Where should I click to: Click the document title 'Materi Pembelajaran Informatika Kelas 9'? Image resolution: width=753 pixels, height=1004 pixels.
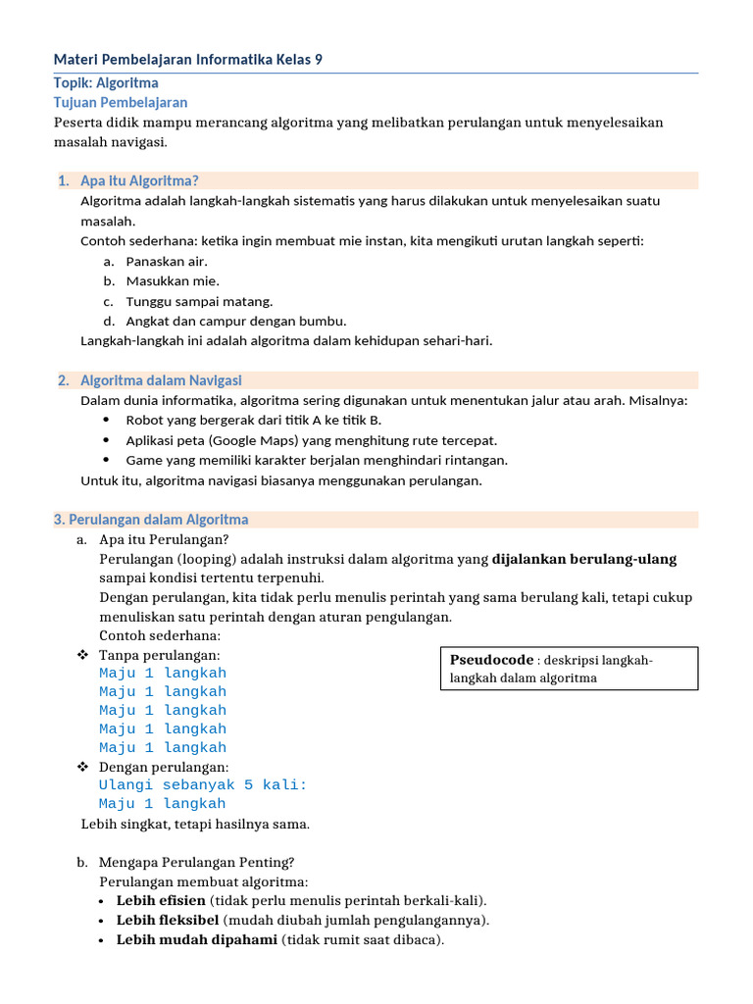[x=187, y=60]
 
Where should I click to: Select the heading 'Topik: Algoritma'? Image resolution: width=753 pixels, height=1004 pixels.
[x=106, y=82]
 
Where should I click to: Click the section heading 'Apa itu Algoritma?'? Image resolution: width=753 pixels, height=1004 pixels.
[x=139, y=180]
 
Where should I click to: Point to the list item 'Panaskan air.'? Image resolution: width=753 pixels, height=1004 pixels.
[x=167, y=261]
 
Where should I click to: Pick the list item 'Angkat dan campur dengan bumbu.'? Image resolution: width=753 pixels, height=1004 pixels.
[x=236, y=321]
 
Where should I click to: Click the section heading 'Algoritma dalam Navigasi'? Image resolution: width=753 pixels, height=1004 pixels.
[x=161, y=380]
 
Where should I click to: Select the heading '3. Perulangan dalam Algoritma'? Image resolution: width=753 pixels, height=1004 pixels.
[x=151, y=520]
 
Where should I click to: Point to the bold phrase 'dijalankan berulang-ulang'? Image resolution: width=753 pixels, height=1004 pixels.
[x=584, y=559]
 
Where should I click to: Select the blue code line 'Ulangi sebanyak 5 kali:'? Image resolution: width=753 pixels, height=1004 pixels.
[x=203, y=785]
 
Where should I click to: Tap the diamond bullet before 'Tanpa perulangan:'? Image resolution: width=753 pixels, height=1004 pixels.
[x=83, y=655]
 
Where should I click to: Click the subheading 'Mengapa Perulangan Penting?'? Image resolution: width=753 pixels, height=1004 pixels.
[x=196, y=863]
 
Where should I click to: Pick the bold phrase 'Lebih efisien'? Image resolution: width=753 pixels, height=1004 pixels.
[x=161, y=900]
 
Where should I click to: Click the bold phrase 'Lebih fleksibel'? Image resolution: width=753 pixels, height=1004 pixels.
[x=168, y=920]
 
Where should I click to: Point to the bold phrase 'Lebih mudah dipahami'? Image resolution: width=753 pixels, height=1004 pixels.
[x=196, y=940]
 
